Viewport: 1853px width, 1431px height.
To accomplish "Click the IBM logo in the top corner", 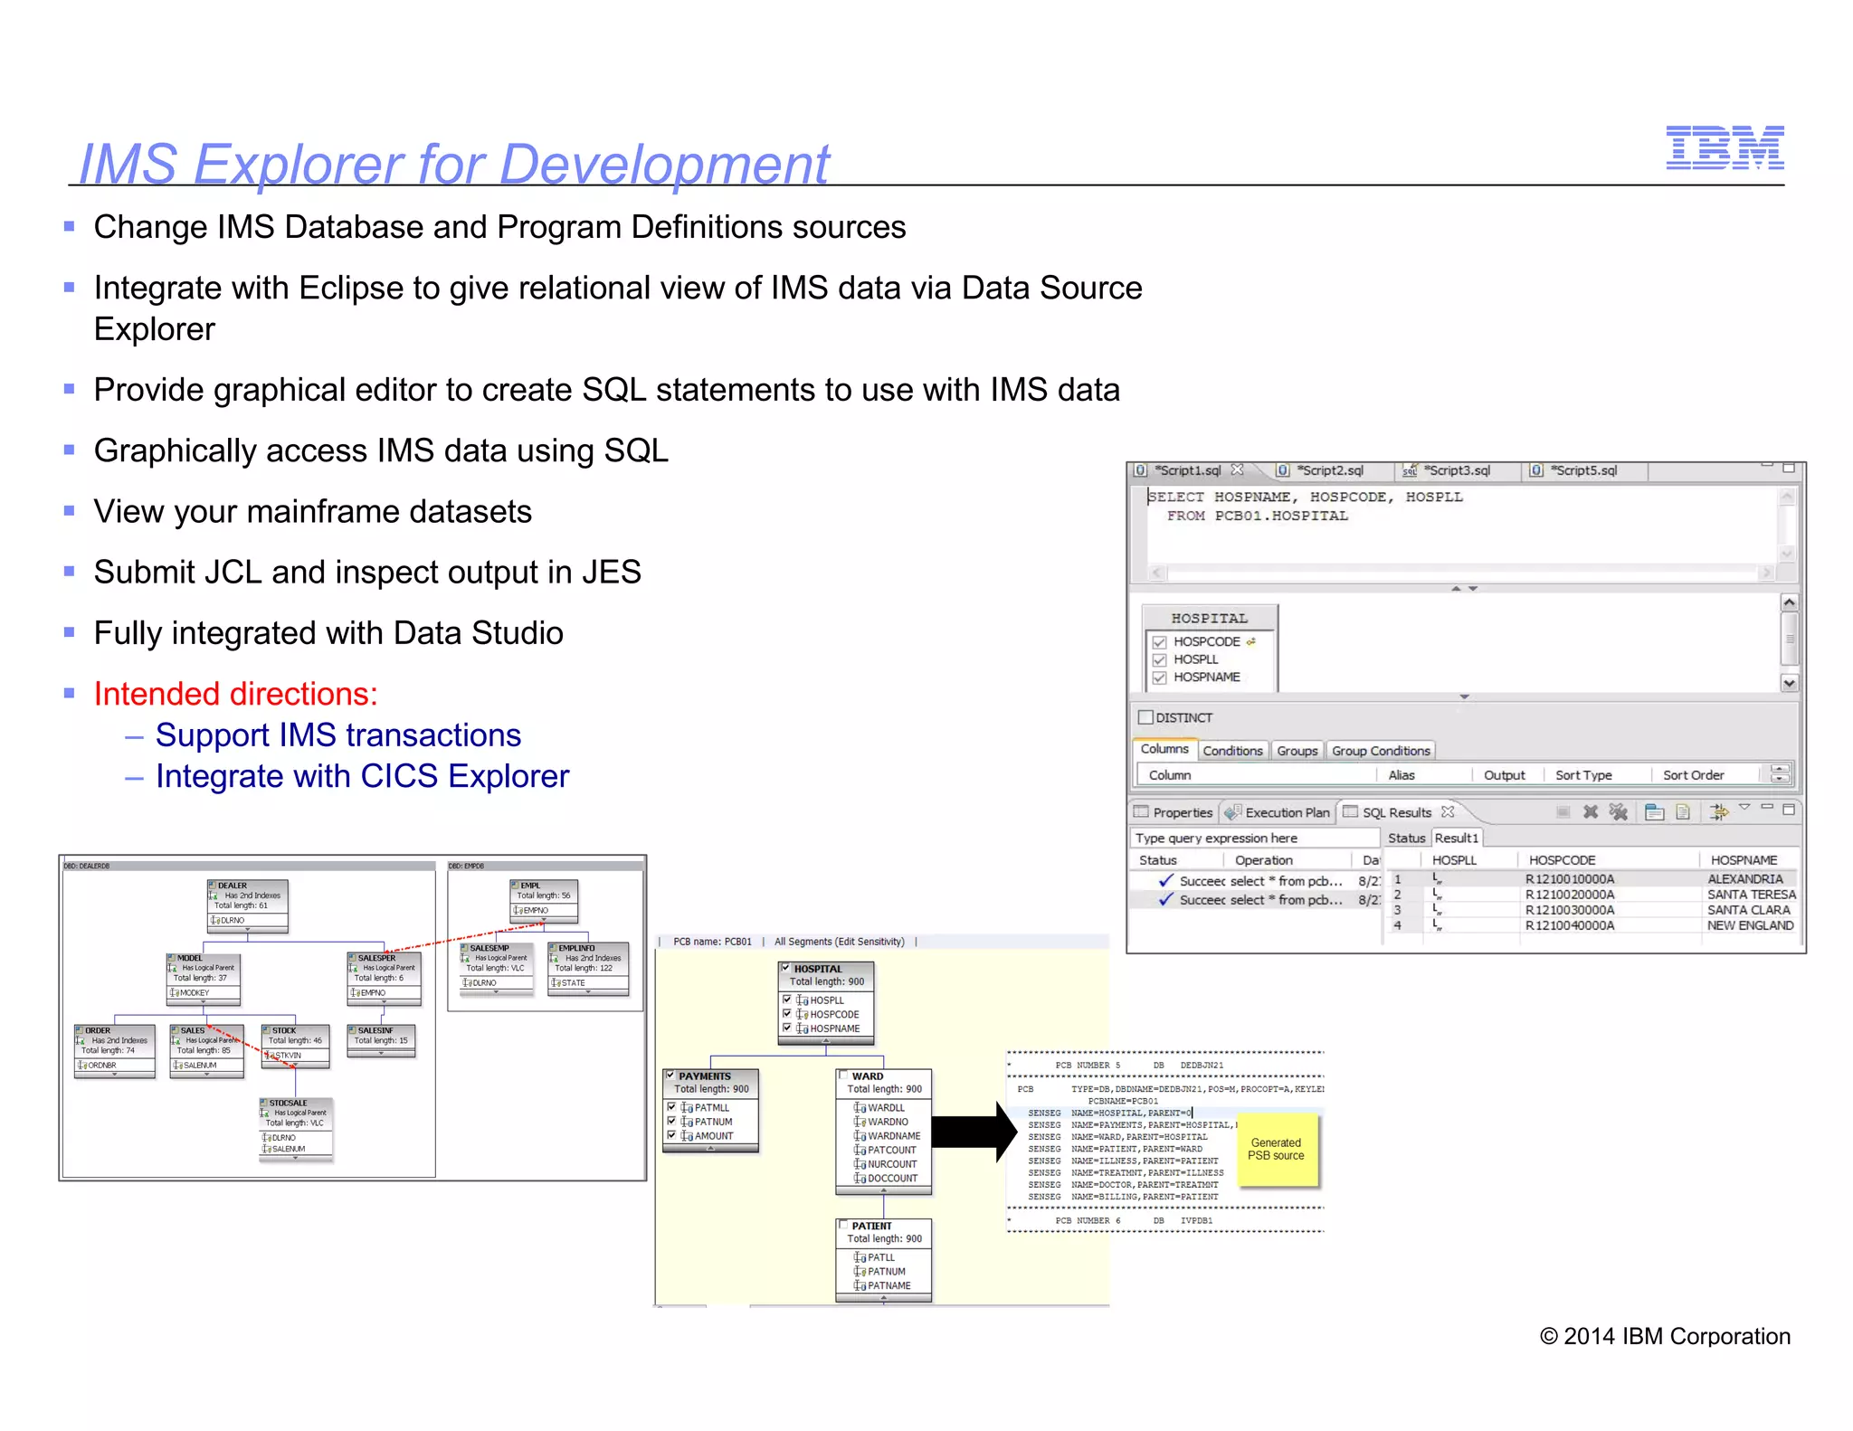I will click(x=1725, y=147).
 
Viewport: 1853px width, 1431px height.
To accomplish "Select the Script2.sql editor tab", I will click(x=1329, y=470).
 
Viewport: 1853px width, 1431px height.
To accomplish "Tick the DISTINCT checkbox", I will click(x=1145, y=717).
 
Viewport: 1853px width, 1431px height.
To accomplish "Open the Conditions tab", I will click(x=1232, y=751).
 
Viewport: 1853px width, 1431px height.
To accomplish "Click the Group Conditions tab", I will click(x=1381, y=751).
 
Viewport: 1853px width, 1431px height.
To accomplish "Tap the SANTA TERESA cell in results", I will click(x=1751, y=895).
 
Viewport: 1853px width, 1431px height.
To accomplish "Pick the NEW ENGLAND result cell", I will click(x=1750, y=925).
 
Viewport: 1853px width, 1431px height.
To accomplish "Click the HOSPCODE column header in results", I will click(x=1562, y=860).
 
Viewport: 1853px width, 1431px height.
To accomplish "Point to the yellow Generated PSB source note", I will click(x=1276, y=1150).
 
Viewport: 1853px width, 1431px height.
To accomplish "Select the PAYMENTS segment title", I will click(x=705, y=1076).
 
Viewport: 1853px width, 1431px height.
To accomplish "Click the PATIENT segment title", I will click(x=871, y=1226).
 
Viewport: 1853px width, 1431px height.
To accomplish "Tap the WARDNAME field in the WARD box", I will click(x=894, y=1136).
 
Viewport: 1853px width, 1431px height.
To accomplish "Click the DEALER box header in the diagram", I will click(x=233, y=886).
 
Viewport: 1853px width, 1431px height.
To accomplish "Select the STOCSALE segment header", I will click(x=289, y=1103).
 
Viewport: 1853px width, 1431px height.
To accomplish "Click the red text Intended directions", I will click(x=236, y=694).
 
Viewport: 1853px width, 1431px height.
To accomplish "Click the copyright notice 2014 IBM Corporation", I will click(x=1665, y=1336).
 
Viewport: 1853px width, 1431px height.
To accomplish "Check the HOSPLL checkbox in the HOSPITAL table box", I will click(x=1159, y=659).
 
